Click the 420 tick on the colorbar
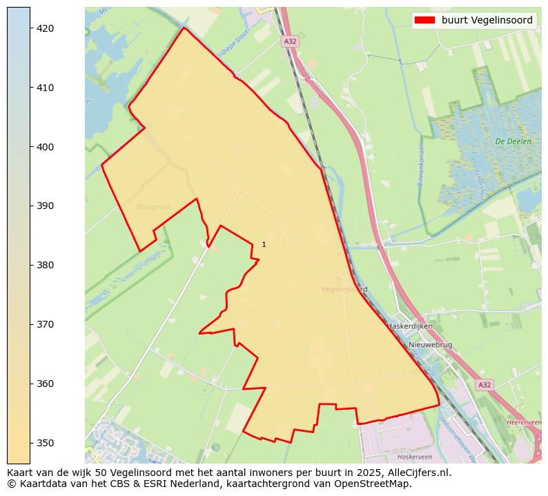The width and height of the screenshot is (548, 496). pos(46,28)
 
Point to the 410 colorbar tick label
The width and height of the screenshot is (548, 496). pos(46,88)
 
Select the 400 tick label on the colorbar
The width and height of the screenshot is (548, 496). pos(46,147)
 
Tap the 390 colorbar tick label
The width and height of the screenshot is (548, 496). pos(46,206)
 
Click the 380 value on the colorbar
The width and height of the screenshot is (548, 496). pos(46,265)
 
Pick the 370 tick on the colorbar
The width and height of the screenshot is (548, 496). pos(46,324)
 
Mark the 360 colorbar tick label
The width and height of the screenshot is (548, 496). pos(46,384)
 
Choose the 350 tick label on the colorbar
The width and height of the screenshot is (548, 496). pos(46,442)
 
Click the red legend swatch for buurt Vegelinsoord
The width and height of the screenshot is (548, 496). pos(424,21)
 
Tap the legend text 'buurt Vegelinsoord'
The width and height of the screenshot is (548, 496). pos(487,21)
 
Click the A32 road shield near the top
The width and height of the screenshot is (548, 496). pos(290,41)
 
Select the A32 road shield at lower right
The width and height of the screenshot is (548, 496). pos(485,385)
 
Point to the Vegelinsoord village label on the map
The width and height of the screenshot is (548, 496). pos(344,289)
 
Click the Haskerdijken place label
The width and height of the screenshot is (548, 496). pos(410,326)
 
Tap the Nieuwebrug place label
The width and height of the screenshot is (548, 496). pos(430,344)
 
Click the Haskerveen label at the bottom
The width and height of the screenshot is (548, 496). pos(414,457)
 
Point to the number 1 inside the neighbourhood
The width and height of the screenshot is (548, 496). pos(264,244)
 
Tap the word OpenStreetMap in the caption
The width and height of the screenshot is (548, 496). pos(378,484)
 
